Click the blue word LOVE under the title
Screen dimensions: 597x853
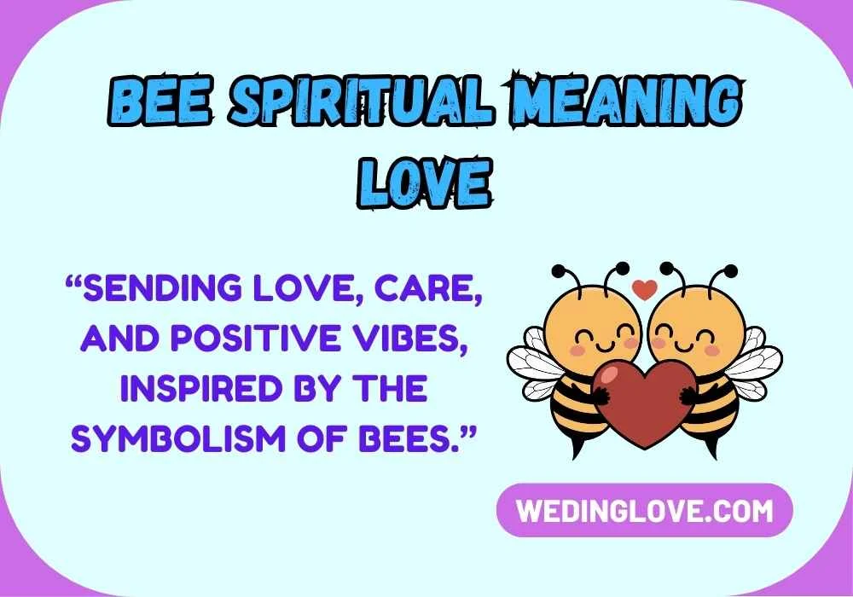pos(425,180)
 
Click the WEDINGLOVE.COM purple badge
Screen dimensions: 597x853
pos(645,510)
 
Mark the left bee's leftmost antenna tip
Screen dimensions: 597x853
pos(557,272)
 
